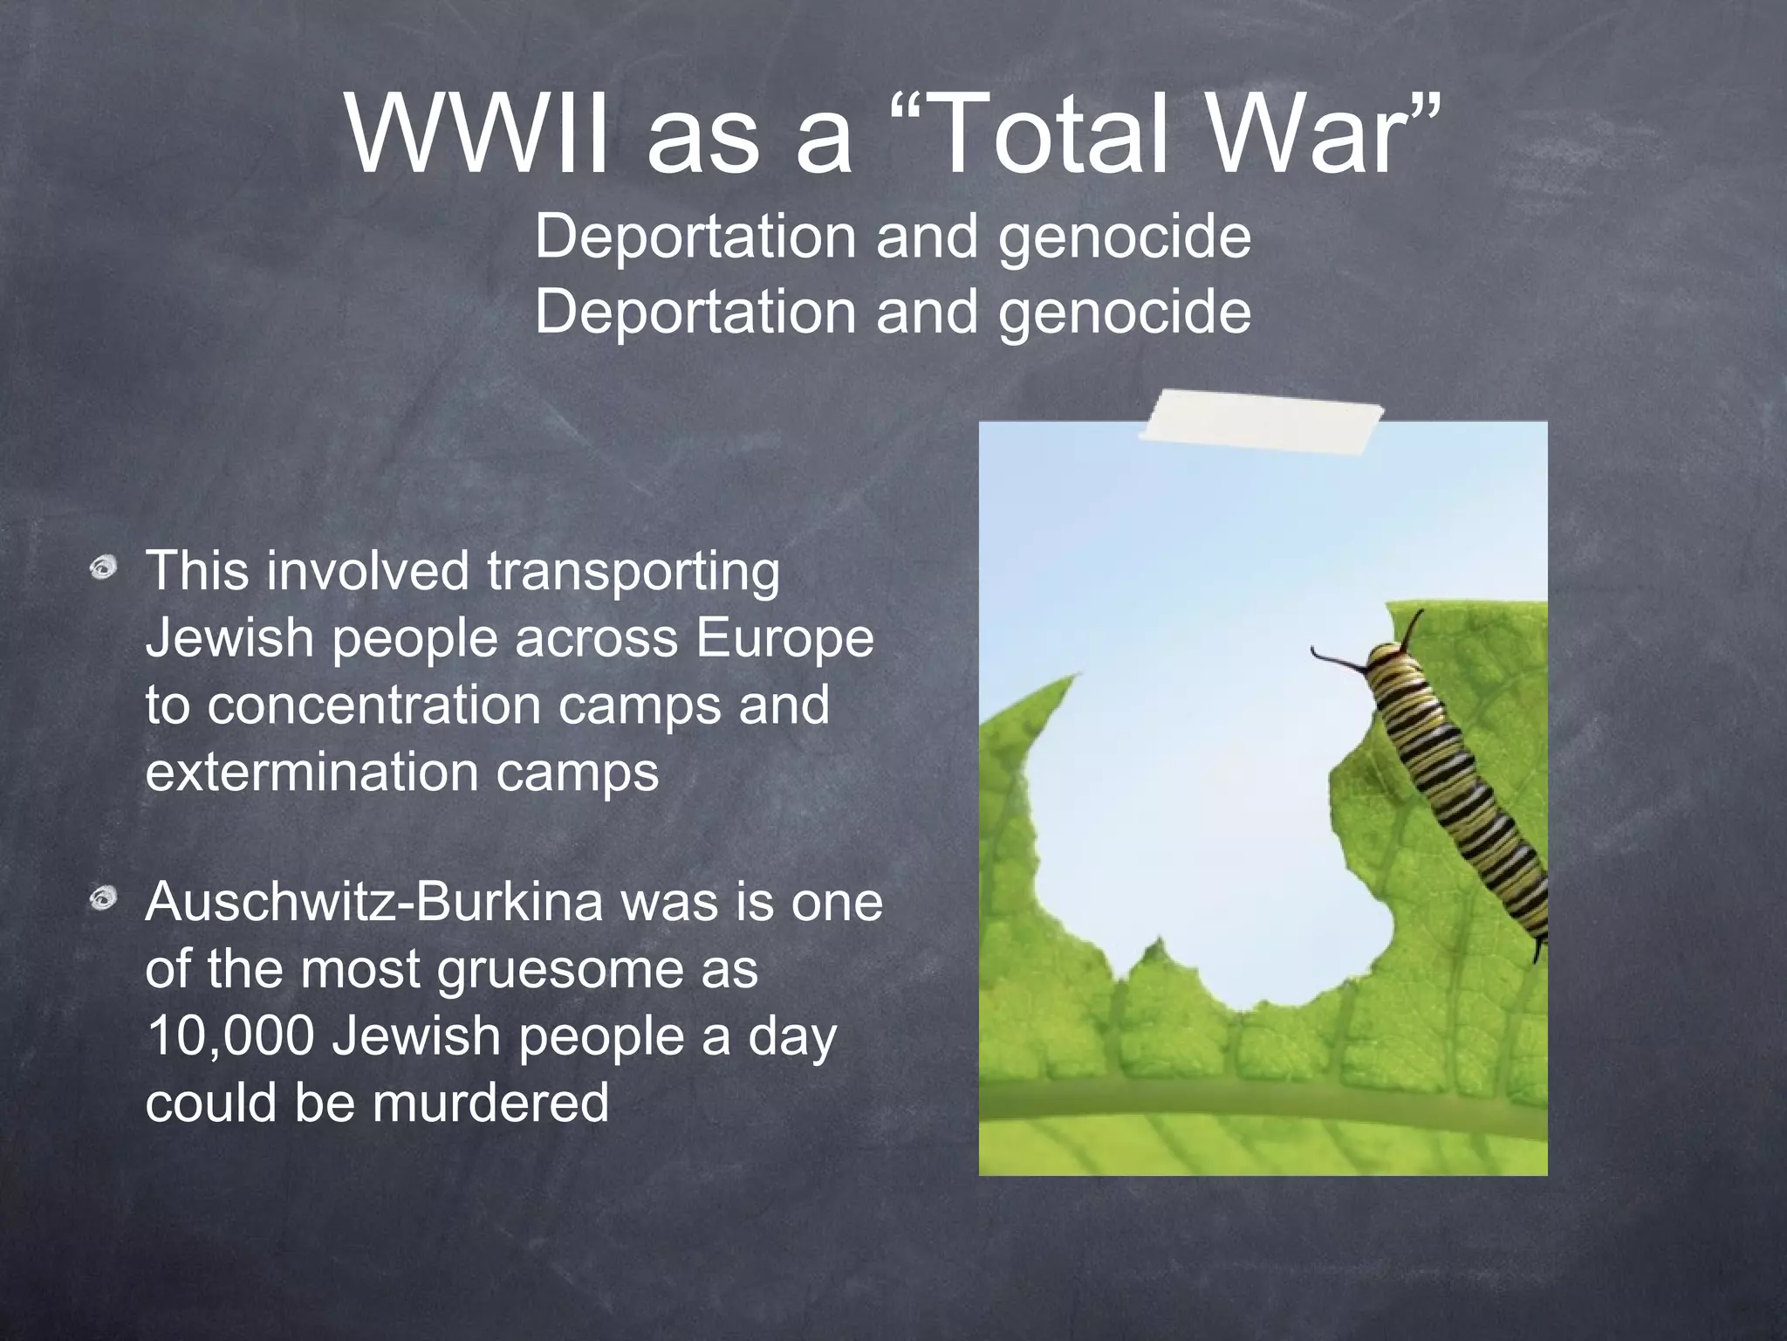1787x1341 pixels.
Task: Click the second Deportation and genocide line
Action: coord(893,312)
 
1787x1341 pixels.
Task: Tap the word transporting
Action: coord(633,572)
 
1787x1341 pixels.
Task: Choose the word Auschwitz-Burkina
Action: coord(373,902)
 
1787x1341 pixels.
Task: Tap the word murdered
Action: coord(490,1103)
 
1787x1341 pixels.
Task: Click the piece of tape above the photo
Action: coord(1262,423)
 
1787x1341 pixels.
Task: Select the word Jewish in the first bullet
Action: coord(229,638)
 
